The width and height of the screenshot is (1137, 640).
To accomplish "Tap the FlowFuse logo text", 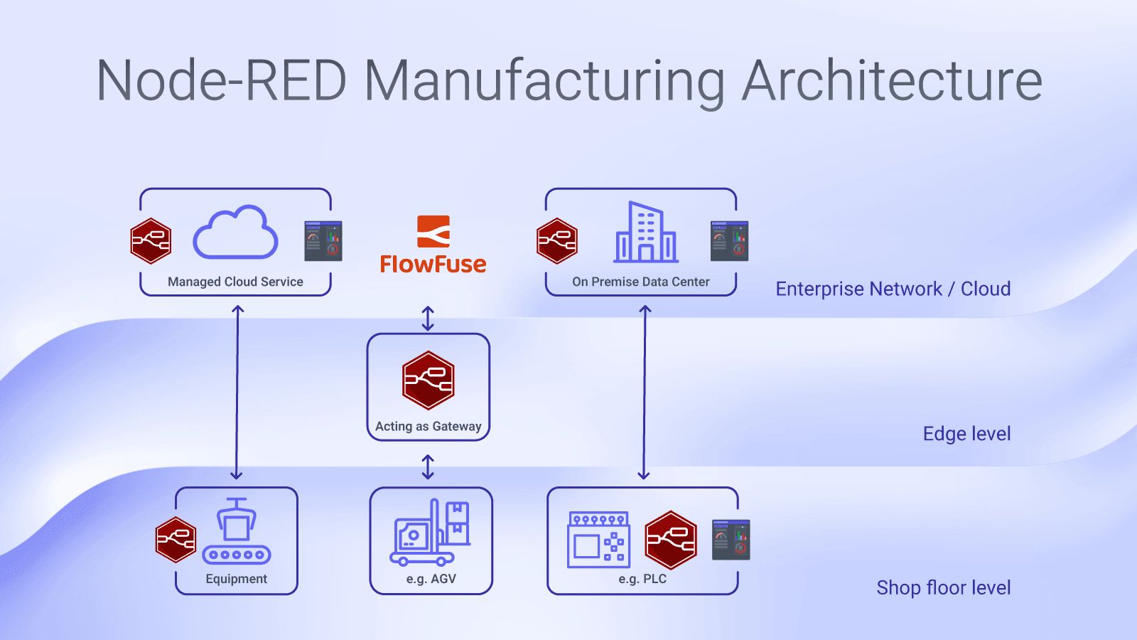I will tap(433, 264).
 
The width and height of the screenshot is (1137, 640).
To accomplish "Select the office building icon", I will tap(645, 233).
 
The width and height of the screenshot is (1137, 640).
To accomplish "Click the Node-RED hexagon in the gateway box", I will tap(428, 380).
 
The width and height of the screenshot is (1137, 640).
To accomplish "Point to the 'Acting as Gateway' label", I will tap(428, 426).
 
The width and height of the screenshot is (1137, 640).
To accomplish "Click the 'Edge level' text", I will tap(966, 434).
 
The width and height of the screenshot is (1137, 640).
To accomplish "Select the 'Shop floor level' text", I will tap(943, 587).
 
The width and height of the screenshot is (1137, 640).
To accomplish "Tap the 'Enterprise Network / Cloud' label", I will tap(893, 289).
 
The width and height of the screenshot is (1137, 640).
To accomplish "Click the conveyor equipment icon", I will tap(237, 532).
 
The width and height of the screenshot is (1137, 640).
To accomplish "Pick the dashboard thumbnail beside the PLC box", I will tap(731, 540).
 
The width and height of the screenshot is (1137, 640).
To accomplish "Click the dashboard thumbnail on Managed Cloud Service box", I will tap(323, 240).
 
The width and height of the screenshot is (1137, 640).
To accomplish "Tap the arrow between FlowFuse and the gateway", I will tap(428, 319).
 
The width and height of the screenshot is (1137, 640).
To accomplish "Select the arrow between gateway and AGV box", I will tap(428, 467).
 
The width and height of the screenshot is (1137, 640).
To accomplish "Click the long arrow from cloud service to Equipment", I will tap(237, 391).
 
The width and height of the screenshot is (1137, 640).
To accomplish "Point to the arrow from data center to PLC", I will tap(645, 391).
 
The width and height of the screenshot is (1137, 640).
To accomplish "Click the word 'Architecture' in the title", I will tap(892, 80).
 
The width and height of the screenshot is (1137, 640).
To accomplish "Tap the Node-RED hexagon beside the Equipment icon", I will tap(176, 540).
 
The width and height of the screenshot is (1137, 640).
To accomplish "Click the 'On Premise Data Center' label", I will tap(640, 282).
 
